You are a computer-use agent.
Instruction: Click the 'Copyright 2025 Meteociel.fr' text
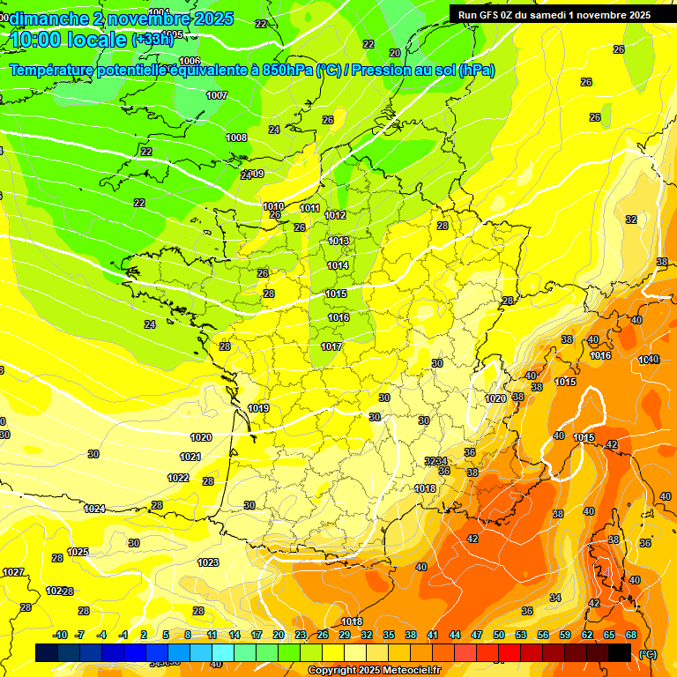tap(374, 670)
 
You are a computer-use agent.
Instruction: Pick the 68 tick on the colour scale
tap(631, 635)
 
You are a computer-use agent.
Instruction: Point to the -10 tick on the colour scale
tap(60, 635)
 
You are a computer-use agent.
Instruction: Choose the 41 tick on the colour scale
tap(433, 635)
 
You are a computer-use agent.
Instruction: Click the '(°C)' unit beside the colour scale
tap(648, 654)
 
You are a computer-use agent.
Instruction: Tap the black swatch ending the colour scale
tap(620, 652)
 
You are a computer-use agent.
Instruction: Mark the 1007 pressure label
tap(217, 95)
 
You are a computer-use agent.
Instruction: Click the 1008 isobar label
tap(236, 138)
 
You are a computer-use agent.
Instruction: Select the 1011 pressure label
tap(309, 208)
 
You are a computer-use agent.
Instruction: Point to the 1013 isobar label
tap(338, 241)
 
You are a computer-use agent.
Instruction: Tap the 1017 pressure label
tap(331, 346)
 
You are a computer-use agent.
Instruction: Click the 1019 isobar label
tap(258, 408)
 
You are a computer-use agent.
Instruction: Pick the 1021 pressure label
tap(190, 457)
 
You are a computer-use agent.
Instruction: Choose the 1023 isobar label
tap(208, 562)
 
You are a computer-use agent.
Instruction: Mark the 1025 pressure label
tap(78, 552)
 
